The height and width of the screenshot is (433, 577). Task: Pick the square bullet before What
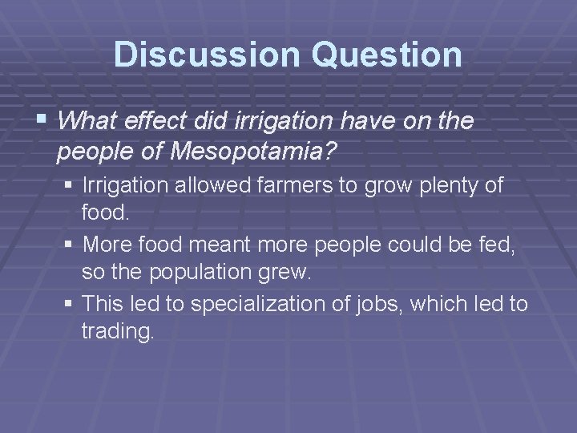tap(43, 121)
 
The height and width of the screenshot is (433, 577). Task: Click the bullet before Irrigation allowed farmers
tap(70, 186)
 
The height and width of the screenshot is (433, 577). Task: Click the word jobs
tap(386, 302)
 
